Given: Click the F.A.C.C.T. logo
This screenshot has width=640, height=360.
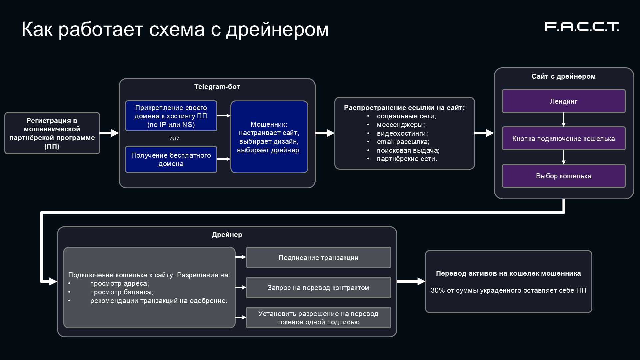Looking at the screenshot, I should point(581,27).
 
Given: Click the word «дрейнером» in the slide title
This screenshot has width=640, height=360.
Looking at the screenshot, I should point(277,29).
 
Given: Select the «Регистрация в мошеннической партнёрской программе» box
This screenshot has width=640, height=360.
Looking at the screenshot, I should point(52,133).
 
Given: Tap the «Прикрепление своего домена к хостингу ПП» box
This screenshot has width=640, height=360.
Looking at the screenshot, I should point(171,116).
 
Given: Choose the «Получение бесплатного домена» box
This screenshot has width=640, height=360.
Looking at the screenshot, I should point(171,159).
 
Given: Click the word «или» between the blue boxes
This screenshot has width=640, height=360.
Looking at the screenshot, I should point(174,138).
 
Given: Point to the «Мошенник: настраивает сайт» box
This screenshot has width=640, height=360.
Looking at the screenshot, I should point(269,137).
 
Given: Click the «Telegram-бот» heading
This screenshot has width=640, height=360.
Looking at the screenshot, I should point(217,87).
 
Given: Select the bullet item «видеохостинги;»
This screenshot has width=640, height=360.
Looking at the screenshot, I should point(402,133).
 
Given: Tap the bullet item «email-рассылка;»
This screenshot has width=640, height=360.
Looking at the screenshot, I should point(403,142).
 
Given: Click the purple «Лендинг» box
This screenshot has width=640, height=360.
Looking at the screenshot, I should point(563,101).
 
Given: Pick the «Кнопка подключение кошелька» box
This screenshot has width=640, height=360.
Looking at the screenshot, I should point(563,139).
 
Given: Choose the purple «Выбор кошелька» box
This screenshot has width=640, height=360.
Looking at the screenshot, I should point(563,176).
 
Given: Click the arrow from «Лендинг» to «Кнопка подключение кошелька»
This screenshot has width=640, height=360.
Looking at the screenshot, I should point(563,120).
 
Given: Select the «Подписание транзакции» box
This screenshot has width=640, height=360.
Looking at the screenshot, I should point(318,258).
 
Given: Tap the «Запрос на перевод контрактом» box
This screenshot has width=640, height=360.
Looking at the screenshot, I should point(318,288).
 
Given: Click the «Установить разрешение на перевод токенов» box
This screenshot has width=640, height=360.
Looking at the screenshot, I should point(318,318).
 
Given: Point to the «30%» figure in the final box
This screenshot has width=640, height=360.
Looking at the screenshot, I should point(438,290).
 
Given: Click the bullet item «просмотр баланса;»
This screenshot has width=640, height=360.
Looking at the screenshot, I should point(121,292).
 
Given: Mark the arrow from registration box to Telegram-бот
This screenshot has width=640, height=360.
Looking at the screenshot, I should point(109,133).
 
